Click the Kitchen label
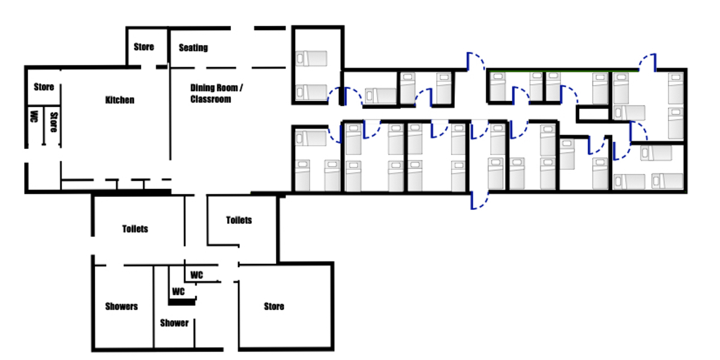[119, 100]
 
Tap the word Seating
[193, 47]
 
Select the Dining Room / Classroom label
[217, 93]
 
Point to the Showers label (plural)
[121, 307]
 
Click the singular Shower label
[174, 323]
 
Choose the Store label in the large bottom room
[274, 307]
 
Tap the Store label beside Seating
[143, 47]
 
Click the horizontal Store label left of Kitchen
[44, 87]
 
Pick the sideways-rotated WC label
[34, 116]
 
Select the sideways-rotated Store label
[53, 122]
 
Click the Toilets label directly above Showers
[135, 229]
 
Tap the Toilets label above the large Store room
[239, 220]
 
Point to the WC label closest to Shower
[178, 292]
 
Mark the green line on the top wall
[563, 70]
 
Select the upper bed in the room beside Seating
[311, 59]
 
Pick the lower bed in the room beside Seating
[311, 92]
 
